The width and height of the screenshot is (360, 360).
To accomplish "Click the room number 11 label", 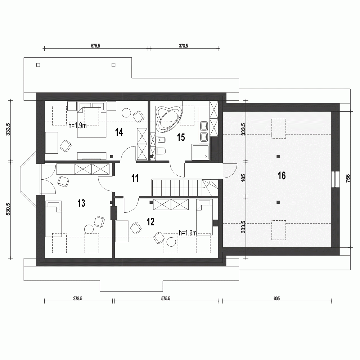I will pyautogui.click(x=135, y=178).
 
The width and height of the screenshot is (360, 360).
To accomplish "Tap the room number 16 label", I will pyautogui.click(x=282, y=176).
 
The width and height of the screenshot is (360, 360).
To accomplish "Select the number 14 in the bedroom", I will pyautogui.click(x=119, y=132).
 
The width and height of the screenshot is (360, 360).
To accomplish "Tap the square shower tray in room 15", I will pyautogui.click(x=201, y=152).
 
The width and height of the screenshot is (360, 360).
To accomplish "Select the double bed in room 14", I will pyautogui.click(x=92, y=122).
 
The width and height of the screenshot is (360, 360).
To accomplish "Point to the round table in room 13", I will pyautogui.click(x=89, y=229).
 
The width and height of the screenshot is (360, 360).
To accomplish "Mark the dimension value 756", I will pyautogui.click(x=348, y=179).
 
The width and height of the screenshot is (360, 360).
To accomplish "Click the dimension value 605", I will pyautogui.click(x=276, y=298).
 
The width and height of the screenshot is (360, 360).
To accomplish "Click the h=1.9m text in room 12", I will pyautogui.click(x=187, y=233).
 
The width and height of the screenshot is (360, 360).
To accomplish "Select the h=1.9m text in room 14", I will pyautogui.click(x=77, y=126).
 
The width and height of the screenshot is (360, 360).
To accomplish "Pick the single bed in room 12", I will pyautogui.click(x=204, y=218).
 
